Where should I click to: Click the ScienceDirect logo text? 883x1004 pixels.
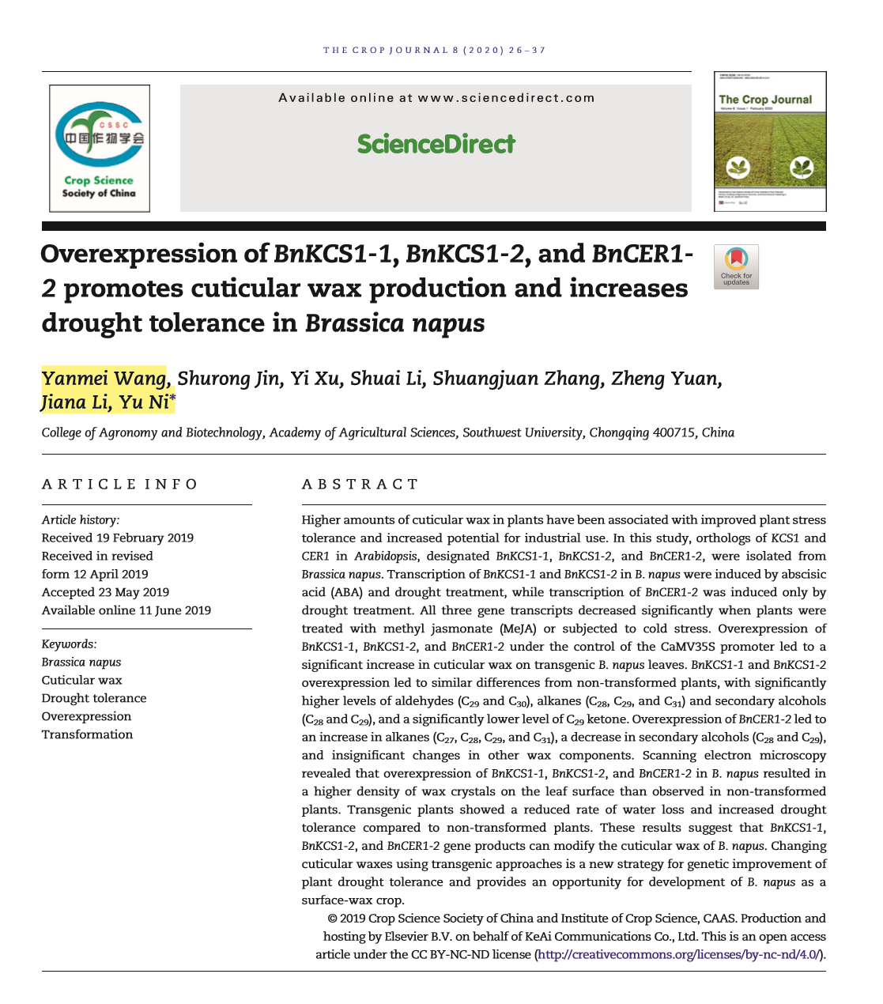click(x=436, y=144)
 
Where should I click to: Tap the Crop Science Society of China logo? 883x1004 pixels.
click(x=100, y=148)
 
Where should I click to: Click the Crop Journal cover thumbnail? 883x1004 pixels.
click(x=770, y=142)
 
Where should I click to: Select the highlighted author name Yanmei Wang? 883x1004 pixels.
click(x=104, y=379)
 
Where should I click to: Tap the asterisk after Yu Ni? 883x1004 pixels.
click(x=172, y=399)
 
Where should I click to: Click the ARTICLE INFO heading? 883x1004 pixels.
click(x=120, y=484)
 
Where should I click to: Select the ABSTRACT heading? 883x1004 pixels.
click(x=360, y=484)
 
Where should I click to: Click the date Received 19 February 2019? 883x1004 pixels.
click(x=118, y=538)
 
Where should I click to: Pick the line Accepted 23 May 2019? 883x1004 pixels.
click(x=105, y=592)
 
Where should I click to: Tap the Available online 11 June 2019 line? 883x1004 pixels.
click(x=126, y=610)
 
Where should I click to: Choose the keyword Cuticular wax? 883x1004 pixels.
click(x=82, y=680)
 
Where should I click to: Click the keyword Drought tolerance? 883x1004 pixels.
click(x=94, y=698)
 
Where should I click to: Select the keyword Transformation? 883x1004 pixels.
click(x=87, y=734)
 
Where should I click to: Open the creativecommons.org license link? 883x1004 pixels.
click(x=678, y=954)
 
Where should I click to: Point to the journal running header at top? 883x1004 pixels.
click(x=434, y=50)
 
